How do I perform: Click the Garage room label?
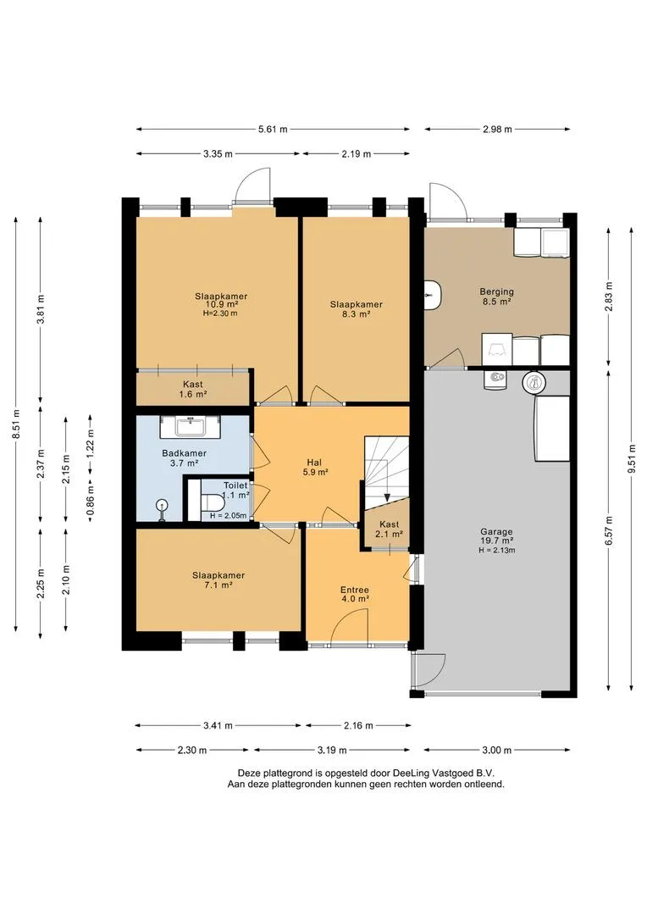coord(496,531)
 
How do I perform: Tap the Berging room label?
coord(496,291)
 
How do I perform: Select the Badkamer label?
coord(185,452)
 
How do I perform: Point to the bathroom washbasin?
coord(191,427)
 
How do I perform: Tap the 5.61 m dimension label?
coord(273,129)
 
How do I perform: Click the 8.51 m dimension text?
coord(17,424)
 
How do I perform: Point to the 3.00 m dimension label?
coord(496,750)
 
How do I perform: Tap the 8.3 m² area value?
coord(357,314)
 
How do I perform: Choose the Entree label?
coord(356,590)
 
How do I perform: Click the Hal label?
coord(314,463)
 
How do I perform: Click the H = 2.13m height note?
coord(497,550)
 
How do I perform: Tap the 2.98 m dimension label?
coord(497,129)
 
